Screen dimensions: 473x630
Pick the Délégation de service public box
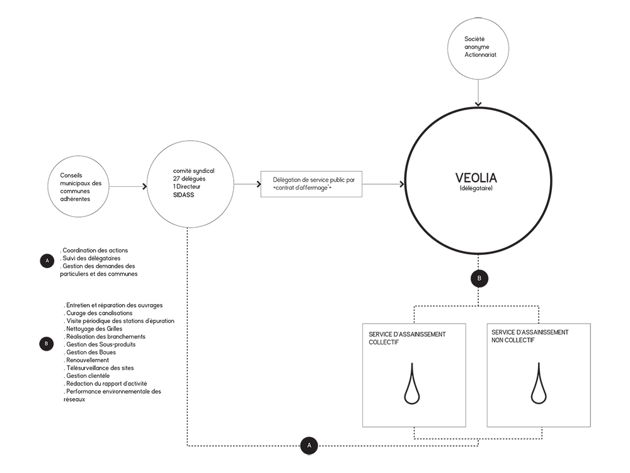311,184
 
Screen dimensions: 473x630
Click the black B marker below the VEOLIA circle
478,277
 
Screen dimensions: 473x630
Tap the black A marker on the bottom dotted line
308,445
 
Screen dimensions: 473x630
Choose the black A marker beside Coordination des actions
47,260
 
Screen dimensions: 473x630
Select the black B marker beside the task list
47,344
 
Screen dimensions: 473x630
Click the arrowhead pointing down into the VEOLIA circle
478,103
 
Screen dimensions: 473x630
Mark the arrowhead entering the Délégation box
258,184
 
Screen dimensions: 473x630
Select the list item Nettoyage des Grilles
94,329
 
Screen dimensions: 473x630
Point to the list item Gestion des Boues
91,352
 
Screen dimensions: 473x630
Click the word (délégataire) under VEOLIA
477,189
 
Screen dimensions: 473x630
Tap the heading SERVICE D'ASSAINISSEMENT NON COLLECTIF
530,336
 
